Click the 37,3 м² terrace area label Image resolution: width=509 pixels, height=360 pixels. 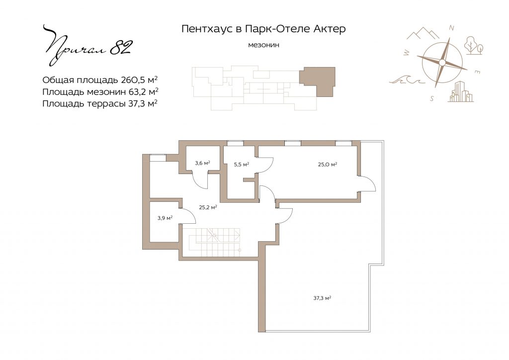(x=322, y=297)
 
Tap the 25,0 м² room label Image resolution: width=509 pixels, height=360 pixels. (x=327, y=164)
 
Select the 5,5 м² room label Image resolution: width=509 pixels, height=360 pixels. (x=242, y=164)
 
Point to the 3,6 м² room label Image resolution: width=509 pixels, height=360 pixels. (x=203, y=163)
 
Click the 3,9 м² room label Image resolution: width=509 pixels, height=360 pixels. (x=165, y=218)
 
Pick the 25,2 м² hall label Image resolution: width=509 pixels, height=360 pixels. (x=208, y=207)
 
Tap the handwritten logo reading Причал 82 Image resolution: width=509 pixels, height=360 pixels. (x=87, y=45)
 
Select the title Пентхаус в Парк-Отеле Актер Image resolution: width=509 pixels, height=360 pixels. (x=263, y=29)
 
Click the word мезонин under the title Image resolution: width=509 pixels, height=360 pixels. (x=263, y=45)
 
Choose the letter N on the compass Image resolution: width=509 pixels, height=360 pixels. (x=451, y=28)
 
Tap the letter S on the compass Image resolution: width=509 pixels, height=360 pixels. (x=432, y=98)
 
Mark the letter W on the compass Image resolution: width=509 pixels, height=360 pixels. (x=406, y=53)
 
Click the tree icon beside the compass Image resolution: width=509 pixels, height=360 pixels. (x=473, y=45)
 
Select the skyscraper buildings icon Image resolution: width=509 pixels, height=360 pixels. (x=461, y=91)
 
